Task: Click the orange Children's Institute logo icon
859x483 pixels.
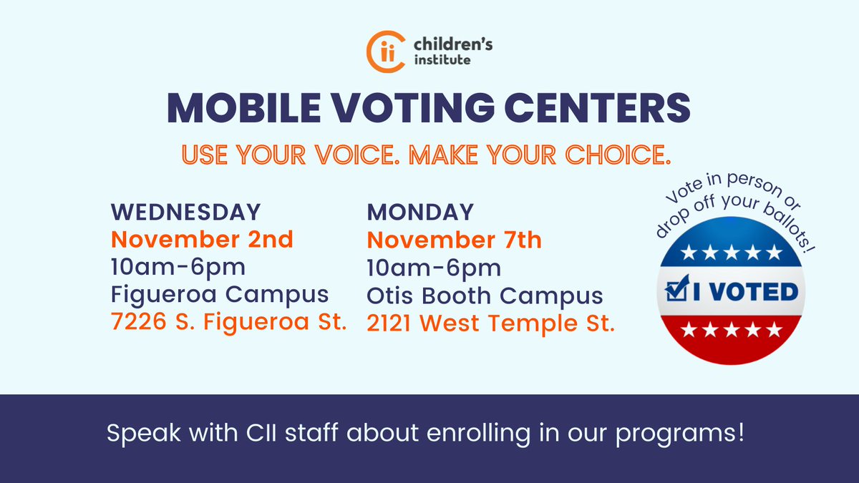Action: (x=383, y=52)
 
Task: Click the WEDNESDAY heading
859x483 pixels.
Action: (x=185, y=213)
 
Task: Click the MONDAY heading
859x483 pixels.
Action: (x=420, y=213)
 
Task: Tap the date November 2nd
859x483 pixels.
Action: (x=202, y=240)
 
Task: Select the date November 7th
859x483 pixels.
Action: (x=455, y=240)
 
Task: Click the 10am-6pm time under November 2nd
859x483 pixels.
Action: (x=178, y=267)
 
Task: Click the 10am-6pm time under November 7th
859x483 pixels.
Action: (x=434, y=268)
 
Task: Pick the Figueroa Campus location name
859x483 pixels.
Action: (x=220, y=294)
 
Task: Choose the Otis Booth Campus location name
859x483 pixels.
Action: (x=485, y=296)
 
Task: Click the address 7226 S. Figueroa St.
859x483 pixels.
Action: (x=228, y=323)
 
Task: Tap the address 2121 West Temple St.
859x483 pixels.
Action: (x=491, y=323)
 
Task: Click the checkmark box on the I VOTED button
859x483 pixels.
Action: (x=674, y=291)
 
